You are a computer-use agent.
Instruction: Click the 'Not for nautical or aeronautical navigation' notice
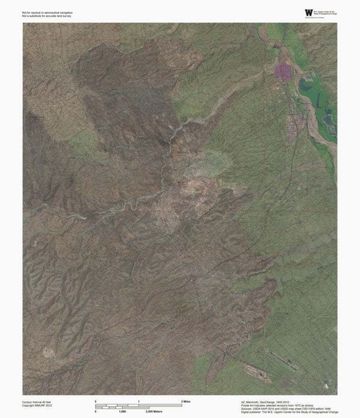47,12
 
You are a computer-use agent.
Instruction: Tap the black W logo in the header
309,13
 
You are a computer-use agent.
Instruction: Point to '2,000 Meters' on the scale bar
154,411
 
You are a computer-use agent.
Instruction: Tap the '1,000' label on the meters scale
122,411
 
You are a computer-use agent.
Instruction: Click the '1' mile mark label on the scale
139,401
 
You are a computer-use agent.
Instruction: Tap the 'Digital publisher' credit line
289,412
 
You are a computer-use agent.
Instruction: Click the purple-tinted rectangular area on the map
284,72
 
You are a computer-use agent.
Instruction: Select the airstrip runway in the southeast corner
283,360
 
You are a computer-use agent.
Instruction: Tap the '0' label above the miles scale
96,401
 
